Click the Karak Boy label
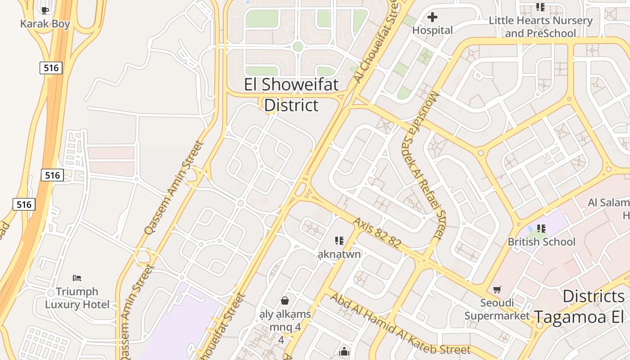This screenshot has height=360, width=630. click(x=45, y=24)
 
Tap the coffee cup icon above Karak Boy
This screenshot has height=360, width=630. click(x=45, y=10)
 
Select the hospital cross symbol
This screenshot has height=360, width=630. click(x=432, y=17)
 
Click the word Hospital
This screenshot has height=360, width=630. click(x=432, y=30)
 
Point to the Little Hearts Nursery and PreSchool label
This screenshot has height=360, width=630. click(x=540, y=27)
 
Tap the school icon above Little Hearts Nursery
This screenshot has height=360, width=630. click(x=540, y=7)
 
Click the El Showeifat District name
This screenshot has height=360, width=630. click(x=291, y=94)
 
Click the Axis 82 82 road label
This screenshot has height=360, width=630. click(x=377, y=233)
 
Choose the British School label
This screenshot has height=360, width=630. click(x=541, y=242)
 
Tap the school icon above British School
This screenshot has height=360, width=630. click(x=541, y=229)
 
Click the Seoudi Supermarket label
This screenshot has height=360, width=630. click(x=497, y=309)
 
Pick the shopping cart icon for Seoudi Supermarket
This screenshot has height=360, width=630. click(x=497, y=289)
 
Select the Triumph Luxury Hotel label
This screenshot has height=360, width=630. click(x=77, y=298)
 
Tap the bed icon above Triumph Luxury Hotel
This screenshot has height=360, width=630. click(x=77, y=278)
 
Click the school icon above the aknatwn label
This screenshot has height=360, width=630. click(x=339, y=241)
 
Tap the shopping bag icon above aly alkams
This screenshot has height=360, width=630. click(x=285, y=300)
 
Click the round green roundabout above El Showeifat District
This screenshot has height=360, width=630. click(x=297, y=46)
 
